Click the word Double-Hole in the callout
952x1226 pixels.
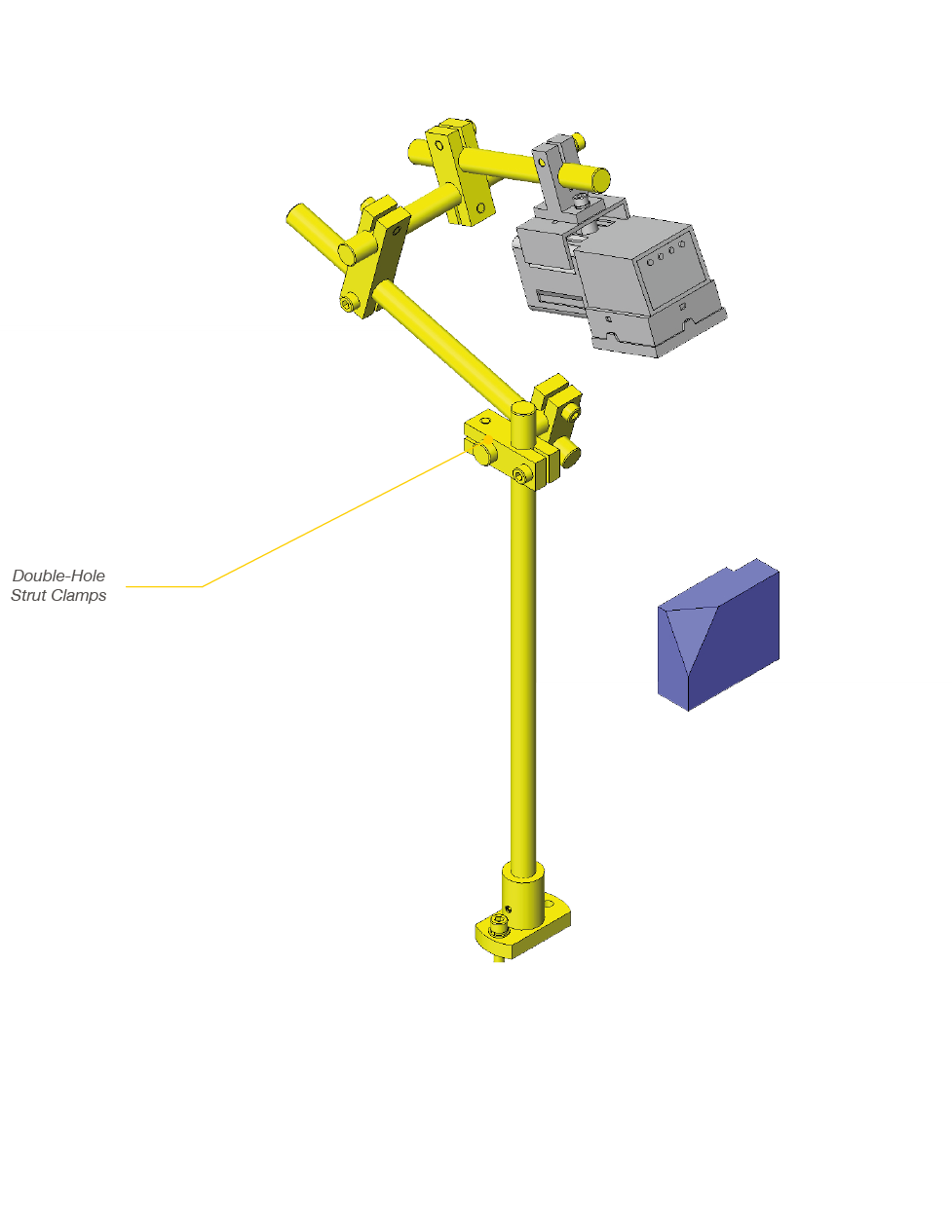[x=58, y=576]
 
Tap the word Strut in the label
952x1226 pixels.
[x=28, y=595]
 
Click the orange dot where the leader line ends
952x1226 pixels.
[x=489, y=438]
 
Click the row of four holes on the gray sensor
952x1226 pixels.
[x=666, y=253]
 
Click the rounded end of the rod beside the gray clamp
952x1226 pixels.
[x=600, y=179]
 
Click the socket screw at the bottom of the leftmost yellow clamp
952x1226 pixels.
[x=348, y=303]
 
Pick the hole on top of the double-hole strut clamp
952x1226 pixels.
[x=484, y=420]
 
